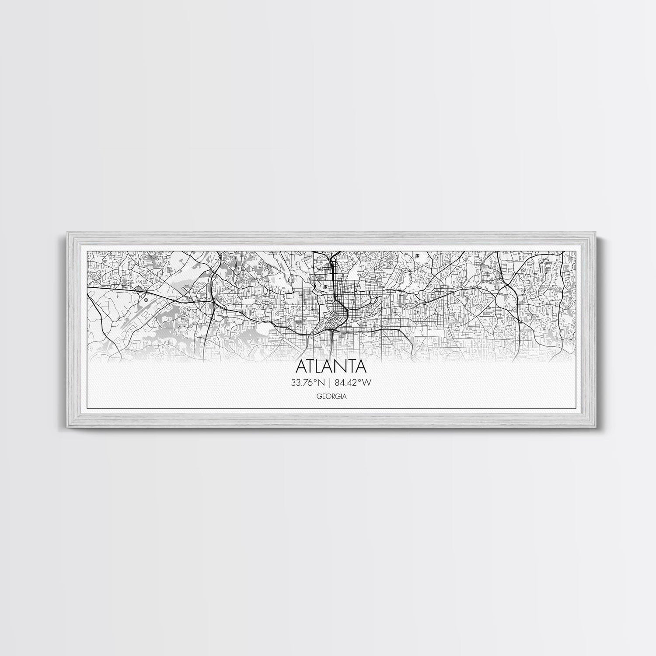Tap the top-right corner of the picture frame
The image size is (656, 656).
point(594,232)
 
